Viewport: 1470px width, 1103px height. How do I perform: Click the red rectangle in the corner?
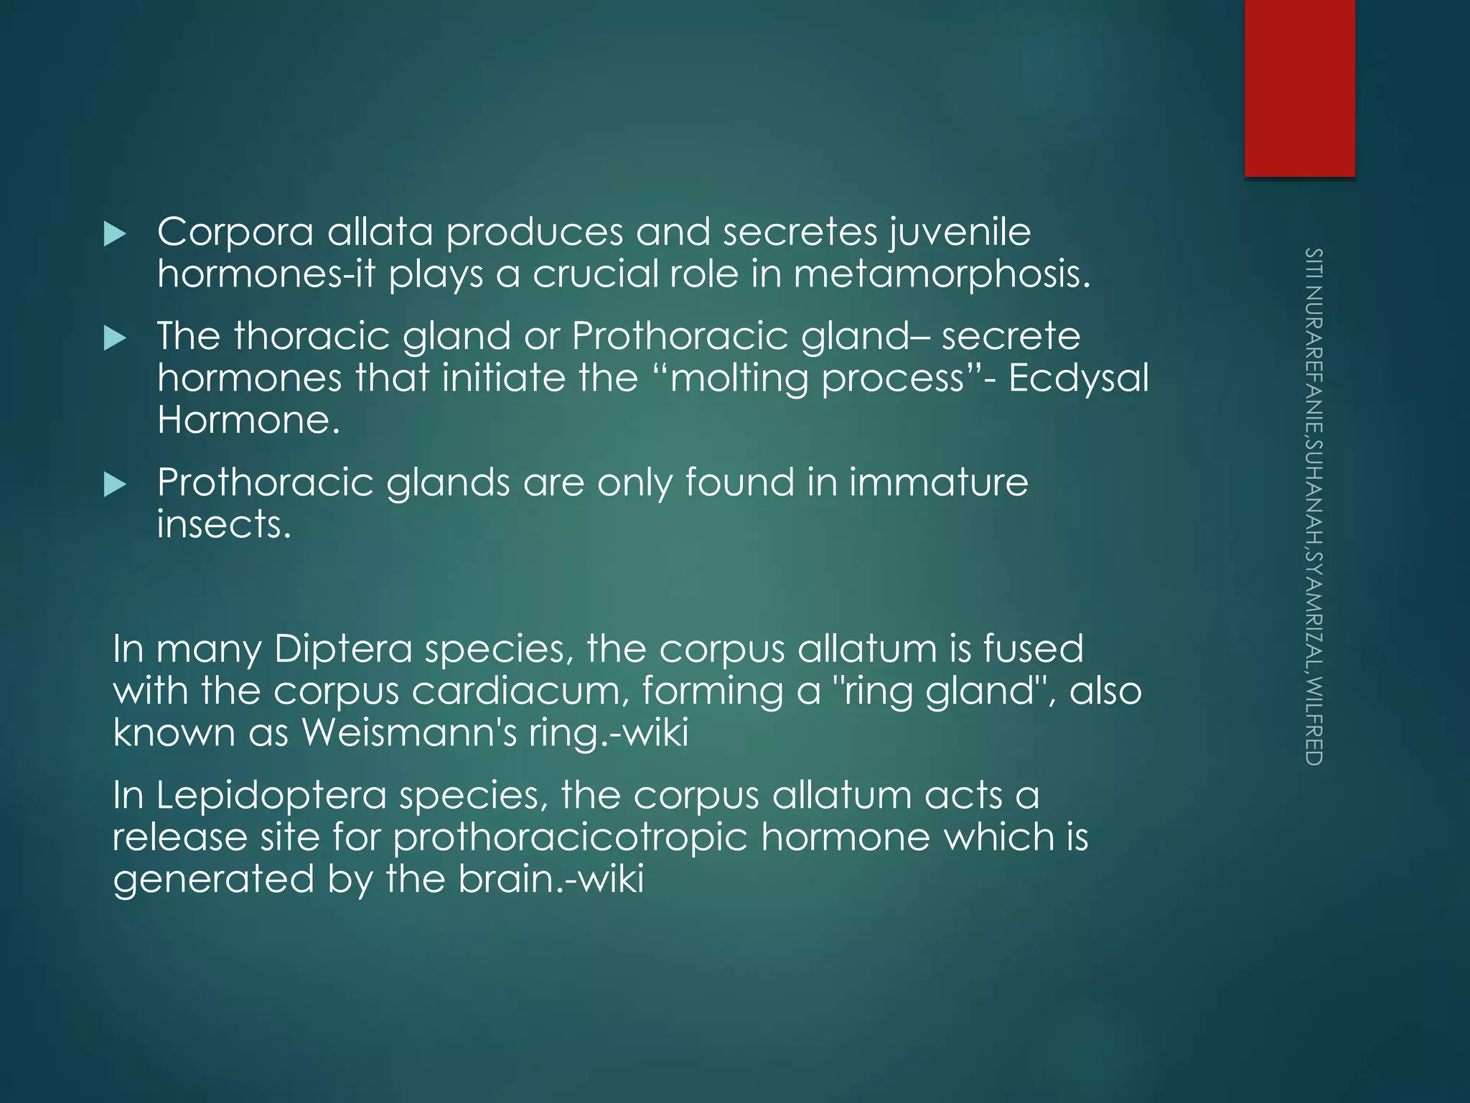1299,88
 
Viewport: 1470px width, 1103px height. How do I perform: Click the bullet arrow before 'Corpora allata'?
115,234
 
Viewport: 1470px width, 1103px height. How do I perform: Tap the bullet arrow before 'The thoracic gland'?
115,338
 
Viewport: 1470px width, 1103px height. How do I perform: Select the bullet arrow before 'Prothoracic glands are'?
115,485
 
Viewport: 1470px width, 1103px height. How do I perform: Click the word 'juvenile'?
960,233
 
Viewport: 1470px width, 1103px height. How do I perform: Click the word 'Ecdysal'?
1078,379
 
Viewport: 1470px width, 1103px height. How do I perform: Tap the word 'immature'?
938,482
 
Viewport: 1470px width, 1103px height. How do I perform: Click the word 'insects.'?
224,524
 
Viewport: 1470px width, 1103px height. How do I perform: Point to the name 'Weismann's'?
409,733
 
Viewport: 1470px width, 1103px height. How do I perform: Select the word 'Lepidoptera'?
271,796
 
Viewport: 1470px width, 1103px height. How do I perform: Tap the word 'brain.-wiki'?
551,880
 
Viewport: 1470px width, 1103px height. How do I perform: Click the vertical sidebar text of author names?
1314,506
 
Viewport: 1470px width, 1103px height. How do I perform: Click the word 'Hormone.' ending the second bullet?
248,420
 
